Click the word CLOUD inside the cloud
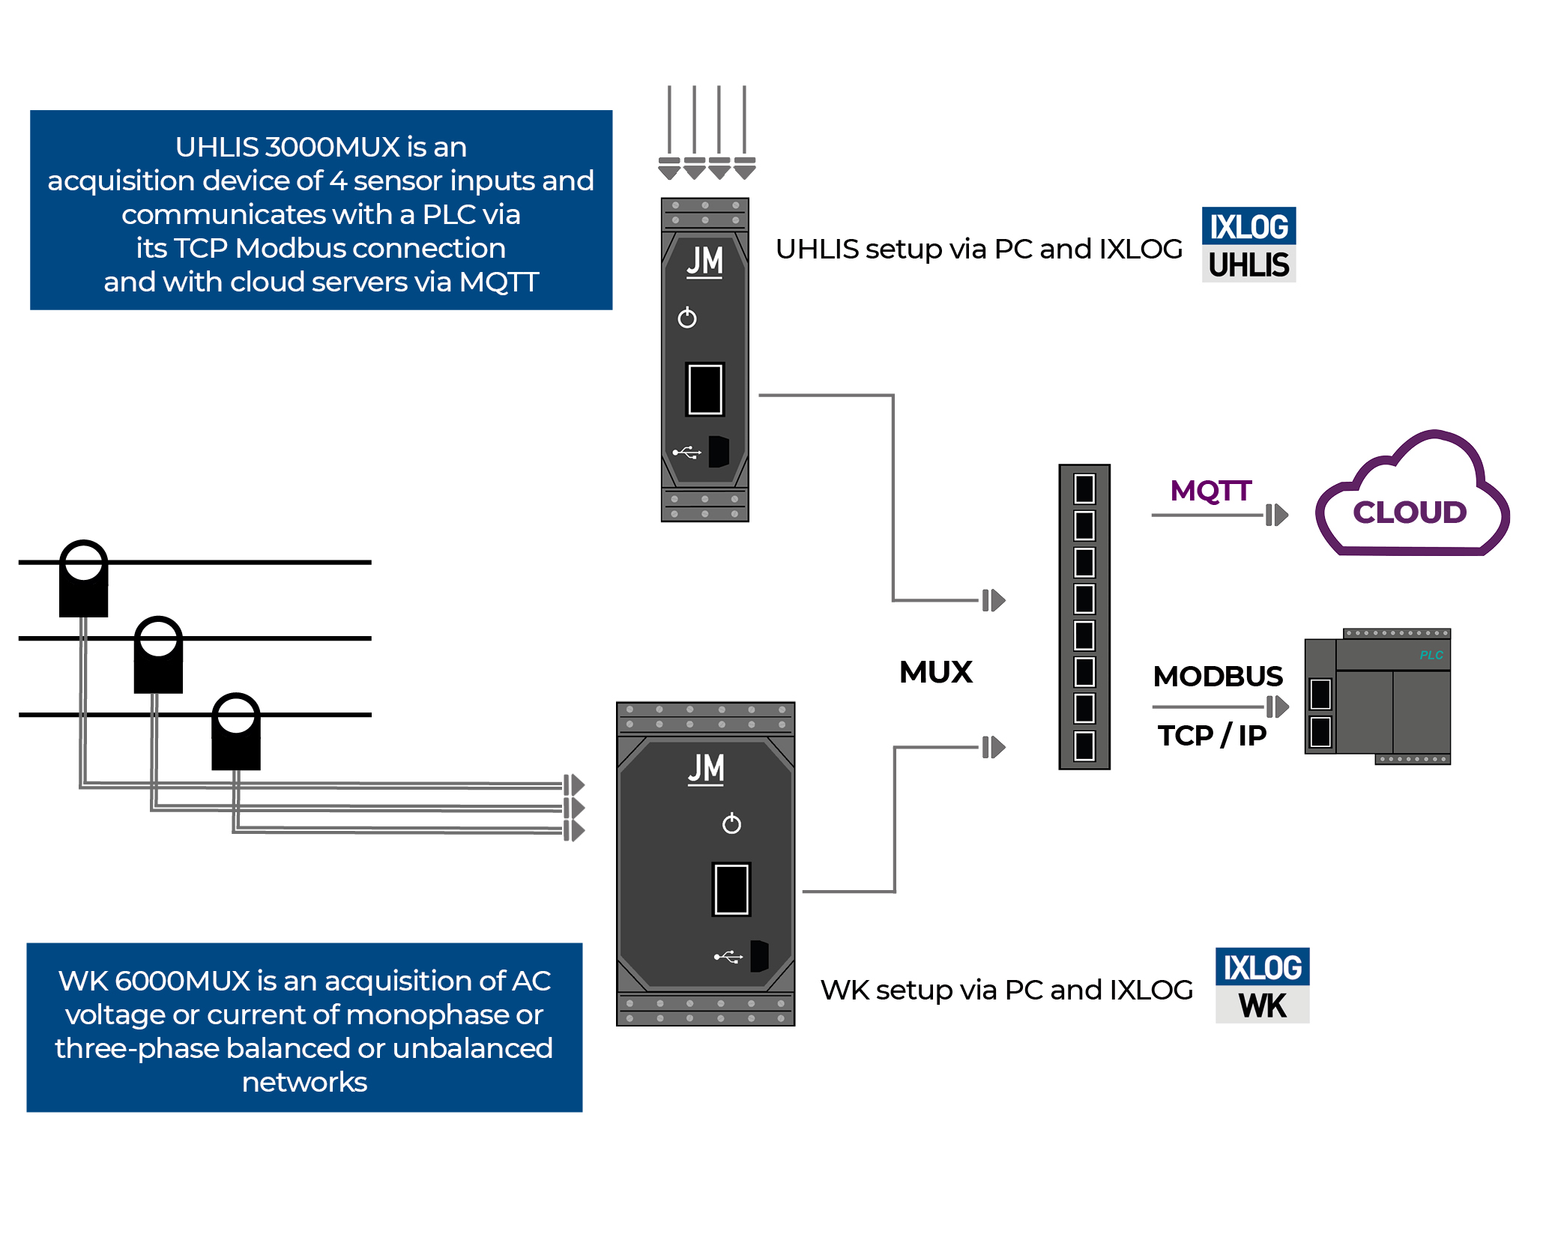(1409, 512)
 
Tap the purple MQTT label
(1210, 491)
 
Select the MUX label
(935, 672)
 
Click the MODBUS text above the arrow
(1218, 677)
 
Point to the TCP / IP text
(1212, 736)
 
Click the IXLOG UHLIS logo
(1249, 245)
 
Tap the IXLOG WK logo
(1262, 985)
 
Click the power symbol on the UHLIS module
(687, 318)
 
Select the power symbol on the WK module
(731, 823)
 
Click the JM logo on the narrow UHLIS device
(704, 262)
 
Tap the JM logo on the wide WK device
(706, 769)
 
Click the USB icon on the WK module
(728, 957)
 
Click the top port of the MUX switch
(1084, 489)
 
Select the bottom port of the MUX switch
(1084, 746)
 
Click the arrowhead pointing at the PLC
(1278, 707)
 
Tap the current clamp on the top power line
(84, 578)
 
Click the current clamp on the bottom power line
(236, 731)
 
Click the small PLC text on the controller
(1431, 656)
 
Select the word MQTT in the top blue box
(499, 282)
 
